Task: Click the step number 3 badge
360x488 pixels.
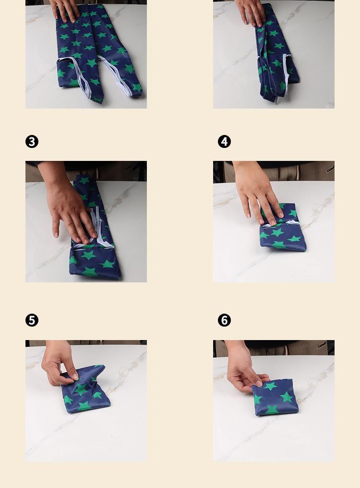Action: tap(32, 142)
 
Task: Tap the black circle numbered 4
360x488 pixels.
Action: tap(224, 142)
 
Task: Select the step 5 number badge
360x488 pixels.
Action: tap(32, 320)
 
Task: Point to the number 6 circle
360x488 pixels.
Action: tap(224, 320)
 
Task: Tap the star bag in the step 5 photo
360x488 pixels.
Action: tap(85, 389)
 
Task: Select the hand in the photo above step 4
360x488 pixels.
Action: tap(251, 12)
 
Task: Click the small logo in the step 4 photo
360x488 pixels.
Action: tap(330, 169)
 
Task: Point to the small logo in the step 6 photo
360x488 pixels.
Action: tap(322, 345)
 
